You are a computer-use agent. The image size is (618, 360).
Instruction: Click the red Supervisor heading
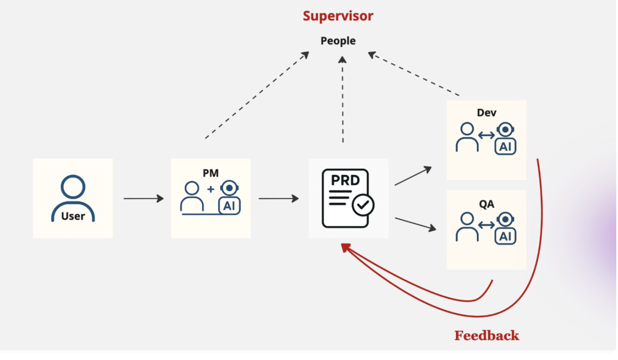[338, 16]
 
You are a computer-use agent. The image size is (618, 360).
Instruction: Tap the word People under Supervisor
[338, 41]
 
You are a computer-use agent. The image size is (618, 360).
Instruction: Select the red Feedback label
[486, 336]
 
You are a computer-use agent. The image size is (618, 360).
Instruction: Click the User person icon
[73, 198]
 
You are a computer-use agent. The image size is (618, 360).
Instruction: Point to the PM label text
[211, 173]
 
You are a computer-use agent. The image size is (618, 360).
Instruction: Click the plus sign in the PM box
[211, 189]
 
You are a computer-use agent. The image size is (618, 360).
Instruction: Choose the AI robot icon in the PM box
[229, 198]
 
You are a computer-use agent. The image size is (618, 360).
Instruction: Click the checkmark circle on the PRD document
[363, 205]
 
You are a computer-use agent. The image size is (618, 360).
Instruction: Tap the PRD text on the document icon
[345, 180]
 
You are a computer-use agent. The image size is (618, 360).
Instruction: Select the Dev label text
[486, 113]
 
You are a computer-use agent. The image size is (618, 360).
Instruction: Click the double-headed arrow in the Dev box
[486, 135]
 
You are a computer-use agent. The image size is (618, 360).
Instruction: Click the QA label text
[486, 204]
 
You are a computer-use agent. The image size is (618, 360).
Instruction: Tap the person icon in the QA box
[467, 227]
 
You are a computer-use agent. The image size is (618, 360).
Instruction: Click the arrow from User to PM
[144, 198]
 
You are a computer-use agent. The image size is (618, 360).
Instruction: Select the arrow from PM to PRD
[278, 198]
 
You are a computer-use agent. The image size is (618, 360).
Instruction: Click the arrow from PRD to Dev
[413, 176]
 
